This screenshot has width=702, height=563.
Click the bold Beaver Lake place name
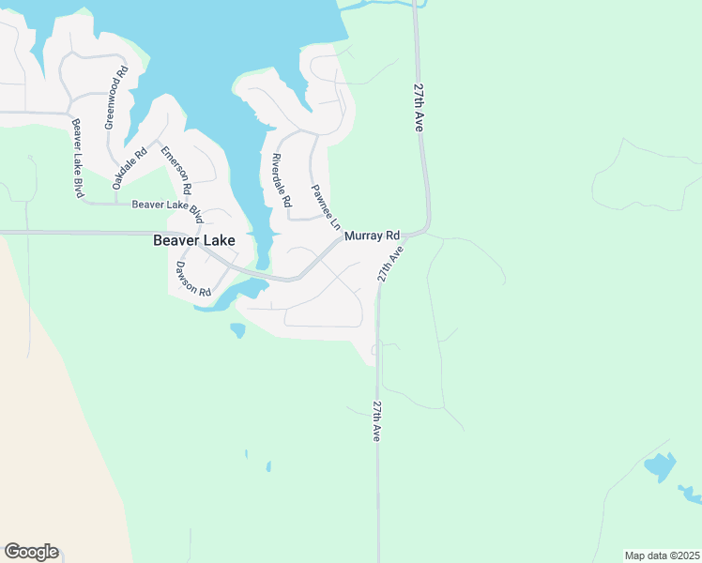pos(193,240)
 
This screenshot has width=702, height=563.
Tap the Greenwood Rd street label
pos(115,98)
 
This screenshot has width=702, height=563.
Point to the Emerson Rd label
pos(175,171)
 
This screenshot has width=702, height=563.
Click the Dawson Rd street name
pos(192,279)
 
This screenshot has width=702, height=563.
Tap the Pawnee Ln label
pos(325,207)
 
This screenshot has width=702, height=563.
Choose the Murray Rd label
pos(372,236)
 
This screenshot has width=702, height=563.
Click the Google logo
pos(31,552)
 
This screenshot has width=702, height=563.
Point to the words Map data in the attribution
pos(646,555)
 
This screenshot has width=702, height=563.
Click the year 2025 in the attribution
pos(685,555)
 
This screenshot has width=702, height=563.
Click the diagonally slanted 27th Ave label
pos(390,264)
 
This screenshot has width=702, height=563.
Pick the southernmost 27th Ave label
pos(377,421)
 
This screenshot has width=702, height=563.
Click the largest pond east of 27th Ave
pos(660,465)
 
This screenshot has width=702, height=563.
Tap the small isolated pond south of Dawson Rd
pos(237,329)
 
